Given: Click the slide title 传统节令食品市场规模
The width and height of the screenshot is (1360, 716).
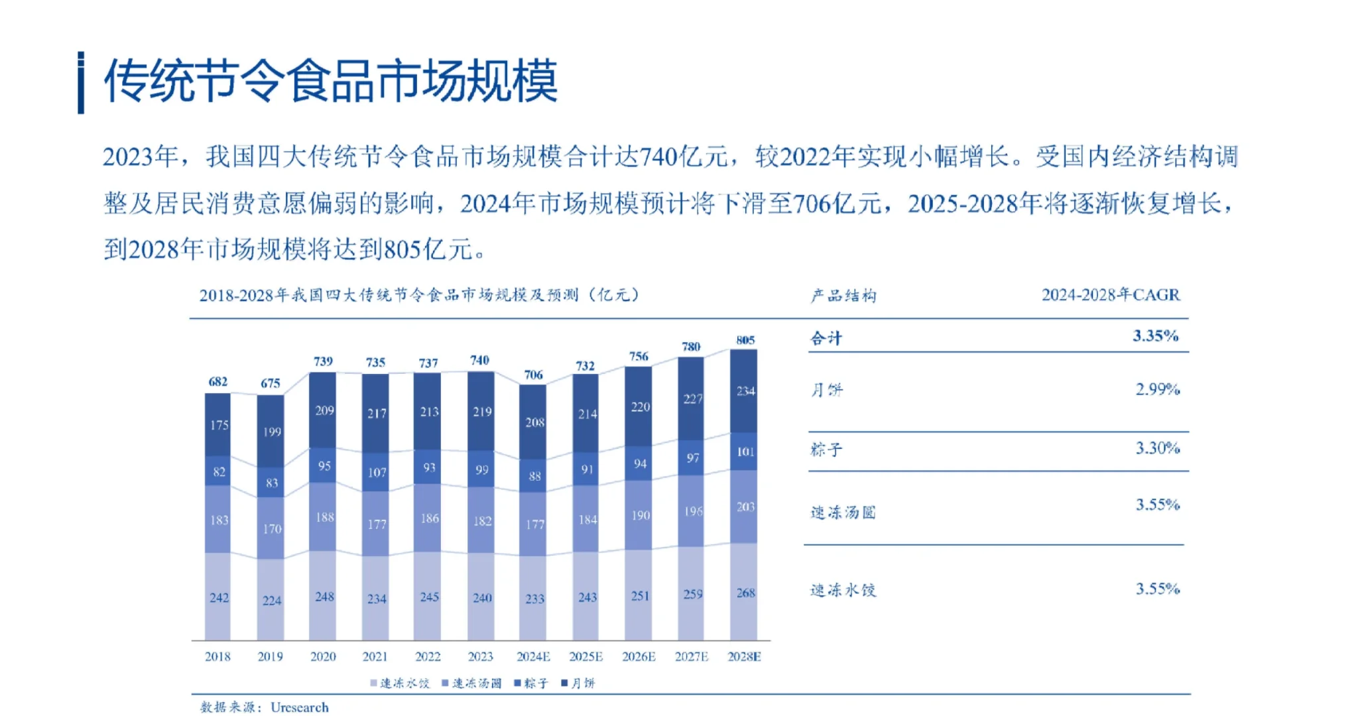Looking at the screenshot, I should [x=330, y=81].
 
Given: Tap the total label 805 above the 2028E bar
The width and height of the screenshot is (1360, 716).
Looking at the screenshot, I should [x=745, y=340].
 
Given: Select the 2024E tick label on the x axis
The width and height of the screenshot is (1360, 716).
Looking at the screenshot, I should [x=533, y=656].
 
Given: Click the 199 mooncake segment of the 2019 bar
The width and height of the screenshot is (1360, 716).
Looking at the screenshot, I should [x=272, y=432].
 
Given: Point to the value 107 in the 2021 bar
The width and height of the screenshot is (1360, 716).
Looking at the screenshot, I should [x=377, y=472].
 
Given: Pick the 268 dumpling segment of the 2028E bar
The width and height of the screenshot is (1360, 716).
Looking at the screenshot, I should [x=745, y=593].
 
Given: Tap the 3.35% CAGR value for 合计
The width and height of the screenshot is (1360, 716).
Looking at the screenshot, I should [x=1155, y=336].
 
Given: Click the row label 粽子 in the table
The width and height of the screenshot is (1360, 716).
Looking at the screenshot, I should [x=826, y=449].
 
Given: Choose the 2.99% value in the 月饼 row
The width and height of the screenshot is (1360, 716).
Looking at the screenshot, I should [x=1157, y=389].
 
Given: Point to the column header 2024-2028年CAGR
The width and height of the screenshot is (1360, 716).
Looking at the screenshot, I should [x=1111, y=295].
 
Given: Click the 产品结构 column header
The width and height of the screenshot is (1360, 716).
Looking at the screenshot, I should [x=843, y=296].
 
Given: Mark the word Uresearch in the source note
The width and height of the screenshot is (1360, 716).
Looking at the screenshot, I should [x=299, y=707].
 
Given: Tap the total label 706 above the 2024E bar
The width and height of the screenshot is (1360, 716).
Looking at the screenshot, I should [x=533, y=375].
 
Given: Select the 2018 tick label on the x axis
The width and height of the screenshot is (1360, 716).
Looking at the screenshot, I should [x=217, y=656].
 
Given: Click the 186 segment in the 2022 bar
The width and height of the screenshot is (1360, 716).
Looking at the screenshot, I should [x=429, y=518].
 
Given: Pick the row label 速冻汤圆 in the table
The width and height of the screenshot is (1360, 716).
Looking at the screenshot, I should [x=843, y=512].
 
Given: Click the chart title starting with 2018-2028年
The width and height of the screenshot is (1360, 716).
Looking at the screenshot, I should [x=419, y=295].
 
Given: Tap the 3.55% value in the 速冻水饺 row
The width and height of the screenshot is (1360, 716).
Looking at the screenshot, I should [x=1157, y=589].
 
